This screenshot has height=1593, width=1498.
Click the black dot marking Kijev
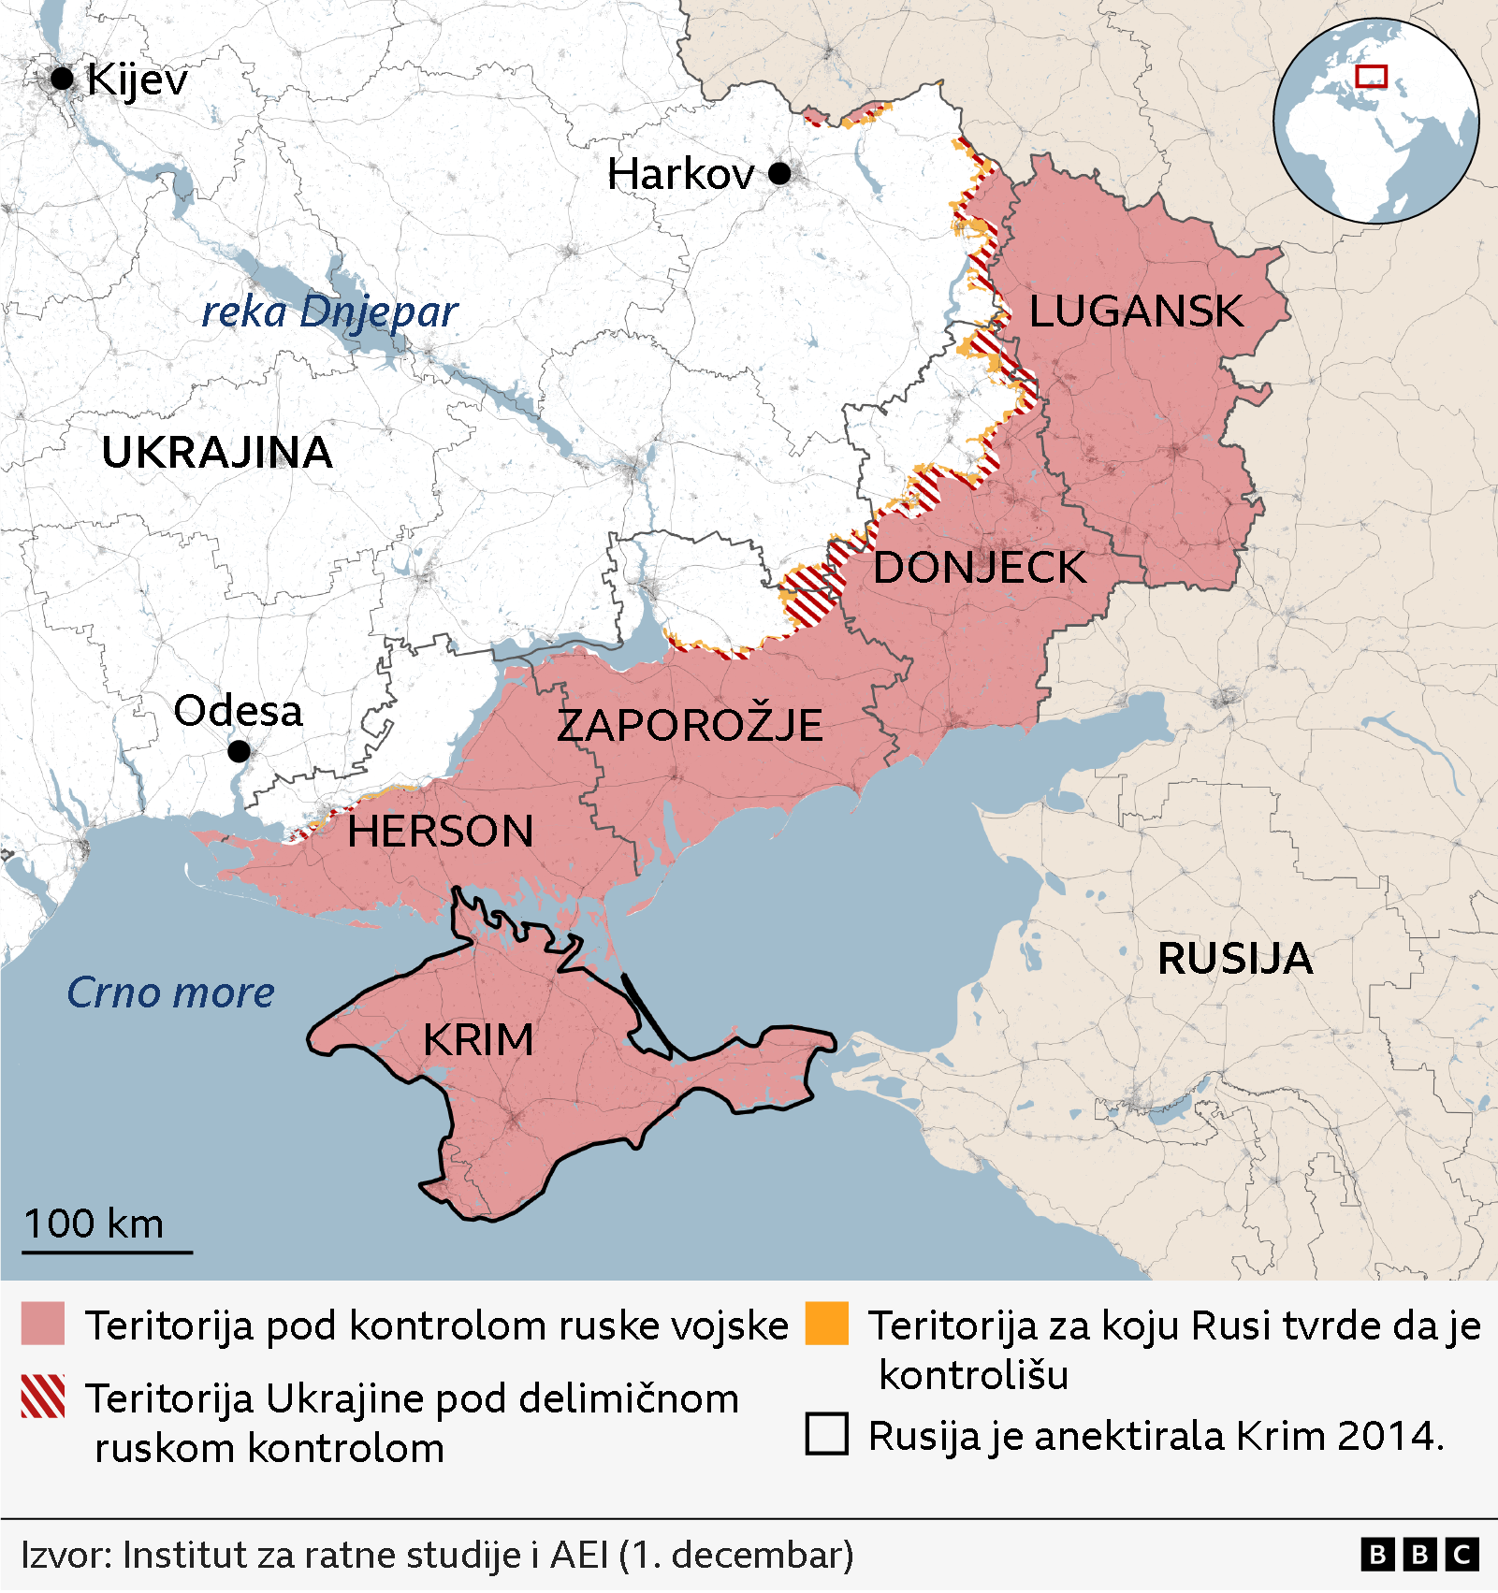[x=62, y=79]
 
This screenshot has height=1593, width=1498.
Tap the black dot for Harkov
[x=779, y=173]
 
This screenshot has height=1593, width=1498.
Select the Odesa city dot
[x=239, y=750]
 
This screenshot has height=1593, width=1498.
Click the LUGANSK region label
[x=1136, y=311]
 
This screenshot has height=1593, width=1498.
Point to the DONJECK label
[x=979, y=568]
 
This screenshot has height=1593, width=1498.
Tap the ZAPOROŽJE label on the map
[x=690, y=726]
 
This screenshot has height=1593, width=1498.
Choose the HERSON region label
[x=440, y=832]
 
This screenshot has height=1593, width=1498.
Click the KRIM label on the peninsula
[x=478, y=1040]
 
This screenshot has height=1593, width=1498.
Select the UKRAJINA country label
[x=217, y=453]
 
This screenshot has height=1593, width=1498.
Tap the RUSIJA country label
[x=1235, y=959]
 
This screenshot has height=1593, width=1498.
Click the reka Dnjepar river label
[x=329, y=312]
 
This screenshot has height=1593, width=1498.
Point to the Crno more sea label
[x=170, y=992]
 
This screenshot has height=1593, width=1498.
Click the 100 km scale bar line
[x=107, y=1252]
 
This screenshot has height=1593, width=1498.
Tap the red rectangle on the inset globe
[x=1371, y=77]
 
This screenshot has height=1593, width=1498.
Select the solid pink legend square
[x=43, y=1324]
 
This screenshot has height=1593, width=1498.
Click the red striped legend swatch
[x=43, y=1397]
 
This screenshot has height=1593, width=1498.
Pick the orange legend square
[x=827, y=1324]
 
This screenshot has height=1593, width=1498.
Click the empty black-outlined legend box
[x=827, y=1433]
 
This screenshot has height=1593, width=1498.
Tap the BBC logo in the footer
[x=1419, y=1555]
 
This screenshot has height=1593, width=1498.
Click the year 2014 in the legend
[x=1389, y=1436]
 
